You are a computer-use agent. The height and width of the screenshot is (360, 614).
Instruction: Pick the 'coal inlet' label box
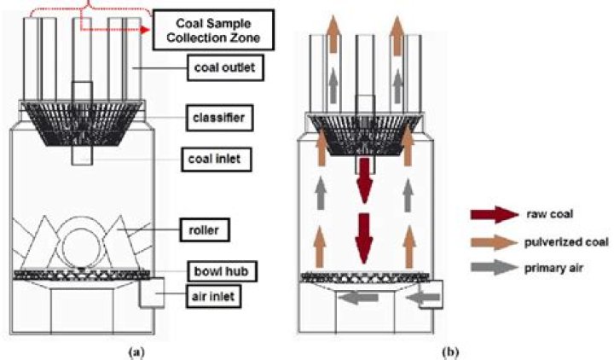pos(217,159)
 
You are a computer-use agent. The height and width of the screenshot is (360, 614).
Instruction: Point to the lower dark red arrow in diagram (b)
pos(365,239)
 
